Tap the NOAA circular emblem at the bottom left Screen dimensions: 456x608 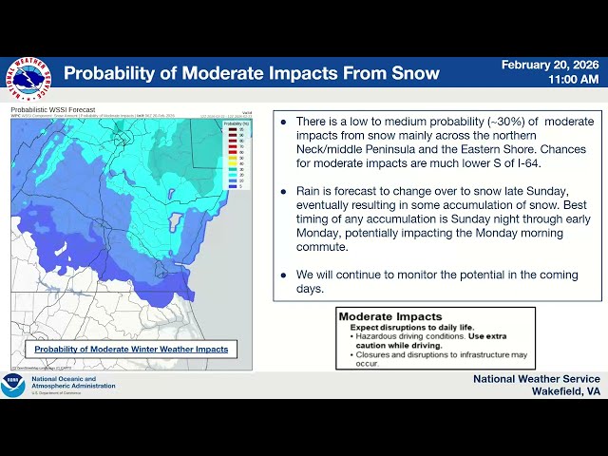point(12,384)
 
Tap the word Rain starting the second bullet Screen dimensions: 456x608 point(312,190)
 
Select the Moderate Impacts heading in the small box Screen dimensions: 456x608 point(390,316)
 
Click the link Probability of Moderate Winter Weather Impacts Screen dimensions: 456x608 point(131,349)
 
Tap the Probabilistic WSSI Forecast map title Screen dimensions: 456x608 point(52,109)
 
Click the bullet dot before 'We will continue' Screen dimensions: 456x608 point(284,274)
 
